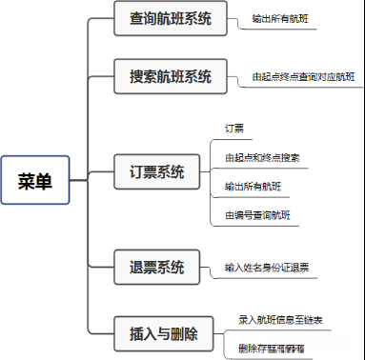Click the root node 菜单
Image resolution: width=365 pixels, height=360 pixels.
pyautogui.click(x=35, y=181)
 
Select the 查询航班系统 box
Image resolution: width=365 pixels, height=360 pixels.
pyautogui.click(x=171, y=18)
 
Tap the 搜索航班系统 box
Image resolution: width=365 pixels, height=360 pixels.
pyautogui.click(x=171, y=76)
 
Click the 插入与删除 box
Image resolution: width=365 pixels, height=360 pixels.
pyautogui.click(x=163, y=334)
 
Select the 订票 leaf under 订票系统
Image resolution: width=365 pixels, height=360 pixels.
pyautogui.click(x=234, y=128)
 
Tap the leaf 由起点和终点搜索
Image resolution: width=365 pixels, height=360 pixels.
pyautogui.click(x=262, y=157)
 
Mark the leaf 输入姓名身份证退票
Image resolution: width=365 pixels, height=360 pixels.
pyautogui.click(x=266, y=267)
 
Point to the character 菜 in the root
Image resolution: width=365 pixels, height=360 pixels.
pyautogui.click(x=26, y=181)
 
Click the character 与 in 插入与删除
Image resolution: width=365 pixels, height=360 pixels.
pyautogui.click(x=163, y=334)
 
